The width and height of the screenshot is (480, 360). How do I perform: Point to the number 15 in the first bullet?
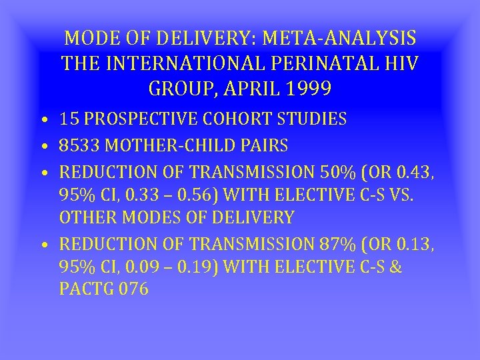click(x=69, y=119)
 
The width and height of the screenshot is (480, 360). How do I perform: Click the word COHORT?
click(x=225, y=119)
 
